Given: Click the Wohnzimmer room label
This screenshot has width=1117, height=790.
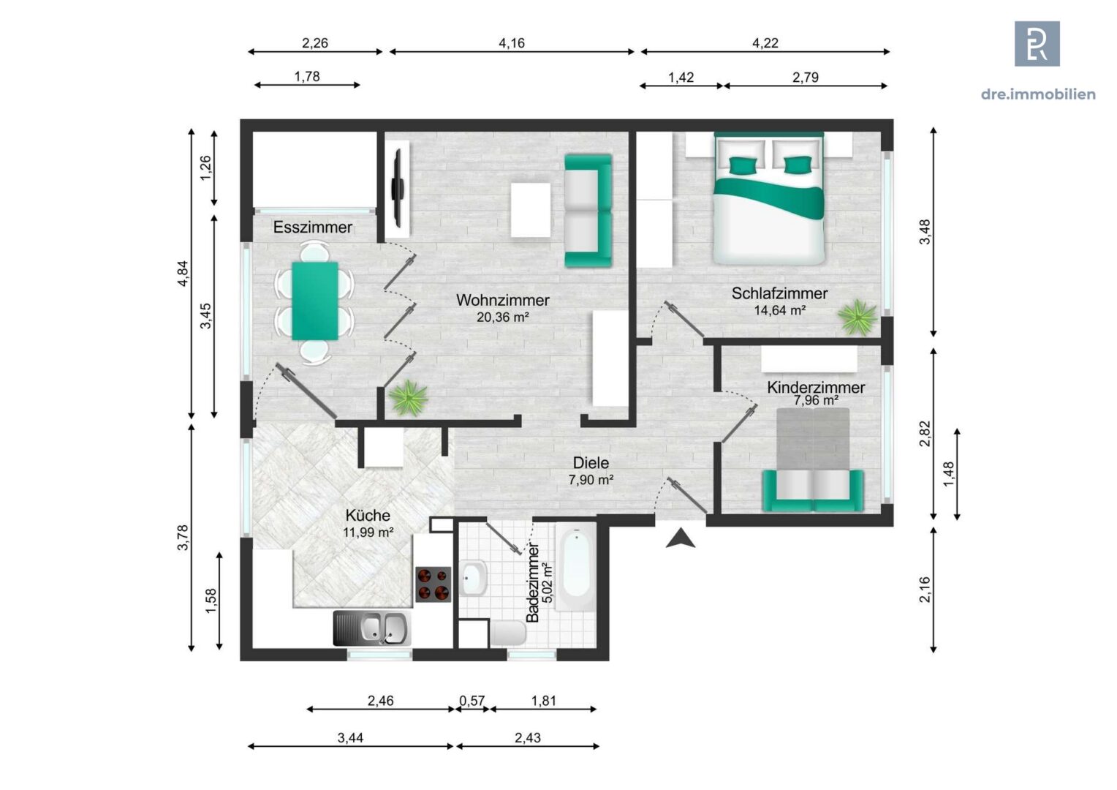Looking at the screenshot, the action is (x=503, y=300).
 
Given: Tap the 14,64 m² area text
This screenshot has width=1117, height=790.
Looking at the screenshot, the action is (x=780, y=310).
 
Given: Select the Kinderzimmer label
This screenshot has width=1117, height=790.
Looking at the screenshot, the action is (x=816, y=387).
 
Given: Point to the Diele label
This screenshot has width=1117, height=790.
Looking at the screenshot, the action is (x=591, y=462).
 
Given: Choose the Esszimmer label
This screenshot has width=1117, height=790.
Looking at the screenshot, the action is (x=313, y=227).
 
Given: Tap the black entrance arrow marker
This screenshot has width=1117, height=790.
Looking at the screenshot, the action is (x=680, y=539).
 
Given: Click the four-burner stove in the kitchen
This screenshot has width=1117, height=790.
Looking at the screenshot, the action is (x=433, y=584).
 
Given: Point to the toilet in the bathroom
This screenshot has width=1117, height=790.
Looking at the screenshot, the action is (x=507, y=633).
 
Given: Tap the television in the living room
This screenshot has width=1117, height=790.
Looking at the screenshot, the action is (x=398, y=188).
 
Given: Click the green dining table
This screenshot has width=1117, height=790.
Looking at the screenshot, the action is (x=314, y=301).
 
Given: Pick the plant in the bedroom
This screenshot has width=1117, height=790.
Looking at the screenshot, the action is (x=857, y=317).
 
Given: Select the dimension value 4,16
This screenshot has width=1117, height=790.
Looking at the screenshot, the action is (x=512, y=43).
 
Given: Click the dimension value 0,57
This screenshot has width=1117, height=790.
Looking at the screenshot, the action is (x=472, y=701).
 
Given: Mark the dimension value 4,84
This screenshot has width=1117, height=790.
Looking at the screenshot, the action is (x=183, y=274).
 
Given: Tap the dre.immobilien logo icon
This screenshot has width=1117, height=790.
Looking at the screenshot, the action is (x=1037, y=44).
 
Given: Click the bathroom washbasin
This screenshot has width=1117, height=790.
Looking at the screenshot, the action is (x=473, y=578).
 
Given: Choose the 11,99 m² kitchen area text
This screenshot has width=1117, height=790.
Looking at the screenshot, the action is (x=368, y=532).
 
